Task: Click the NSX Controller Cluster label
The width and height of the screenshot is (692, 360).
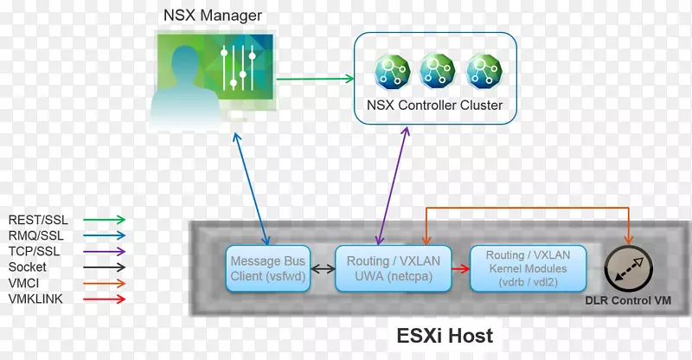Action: click(434, 106)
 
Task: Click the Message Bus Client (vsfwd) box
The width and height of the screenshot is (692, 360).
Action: click(263, 269)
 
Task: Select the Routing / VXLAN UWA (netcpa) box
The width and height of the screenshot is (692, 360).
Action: click(384, 269)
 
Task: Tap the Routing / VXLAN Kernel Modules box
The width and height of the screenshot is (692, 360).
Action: click(528, 269)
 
